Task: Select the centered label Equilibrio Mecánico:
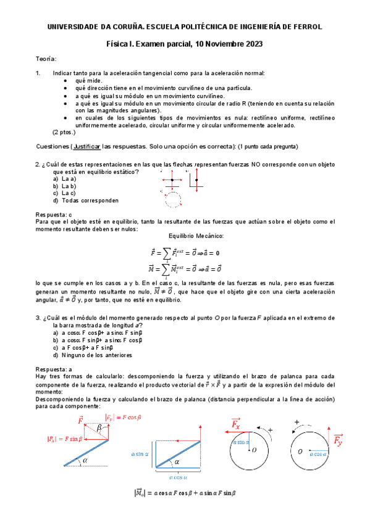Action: coord(185,236)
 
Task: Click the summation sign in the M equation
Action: coord(167,270)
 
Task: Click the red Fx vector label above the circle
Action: coord(235,425)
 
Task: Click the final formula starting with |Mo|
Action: coord(185,493)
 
